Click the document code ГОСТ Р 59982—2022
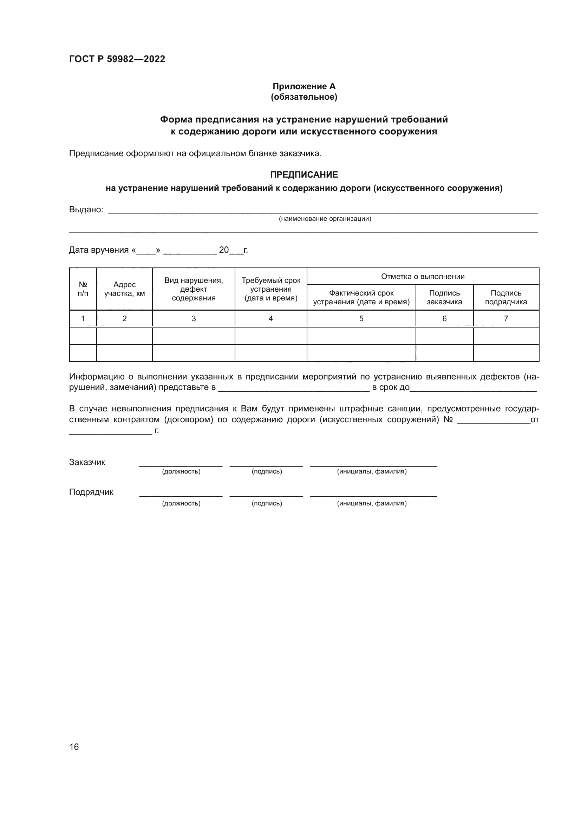tap(117, 59)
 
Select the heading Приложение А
tap(304, 86)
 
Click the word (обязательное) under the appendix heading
tap(304, 97)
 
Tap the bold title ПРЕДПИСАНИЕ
tap(304, 174)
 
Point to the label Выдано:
tap(86, 210)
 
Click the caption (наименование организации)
tap(325, 218)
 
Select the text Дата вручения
tap(98, 250)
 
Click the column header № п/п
tap(83, 289)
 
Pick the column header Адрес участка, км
tap(124, 289)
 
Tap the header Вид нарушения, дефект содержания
tap(194, 289)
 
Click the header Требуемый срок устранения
tap(271, 289)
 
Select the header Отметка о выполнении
tap(423, 276)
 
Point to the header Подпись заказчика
tap(444, 297)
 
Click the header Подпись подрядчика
tap(506, 297)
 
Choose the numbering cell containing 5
tap(361, 318)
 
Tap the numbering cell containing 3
tap(194, 318)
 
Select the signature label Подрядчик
tap(91, 492)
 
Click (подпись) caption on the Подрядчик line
tap(267, 503)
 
